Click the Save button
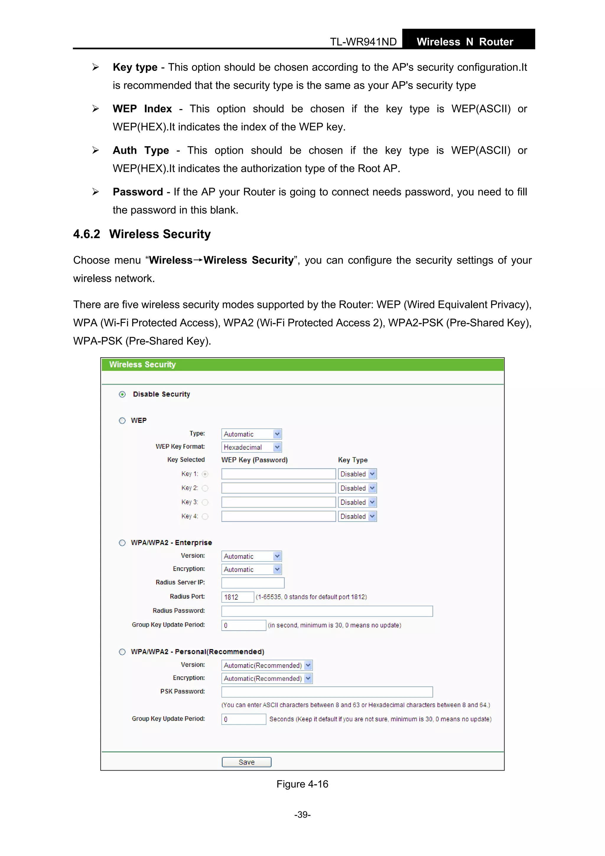(246, 762)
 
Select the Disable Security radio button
(122, 394)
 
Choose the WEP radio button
(122, 420)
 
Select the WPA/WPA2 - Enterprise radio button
(122, 543)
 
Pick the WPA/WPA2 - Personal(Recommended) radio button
(122, 652)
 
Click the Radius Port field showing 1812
(238, 597)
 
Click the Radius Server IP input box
(253, 583)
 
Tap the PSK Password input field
(327, 692)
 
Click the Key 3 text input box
(279, 502)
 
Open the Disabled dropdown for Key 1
(357, 474)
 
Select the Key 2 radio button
(205, 488)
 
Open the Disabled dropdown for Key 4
(357, 516)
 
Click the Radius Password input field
(327, 611)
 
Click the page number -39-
(302, 815)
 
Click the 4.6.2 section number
(87, 234)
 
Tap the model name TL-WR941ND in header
(363, 42)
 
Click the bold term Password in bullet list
(138, 192)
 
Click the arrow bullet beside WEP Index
(96, 109)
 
